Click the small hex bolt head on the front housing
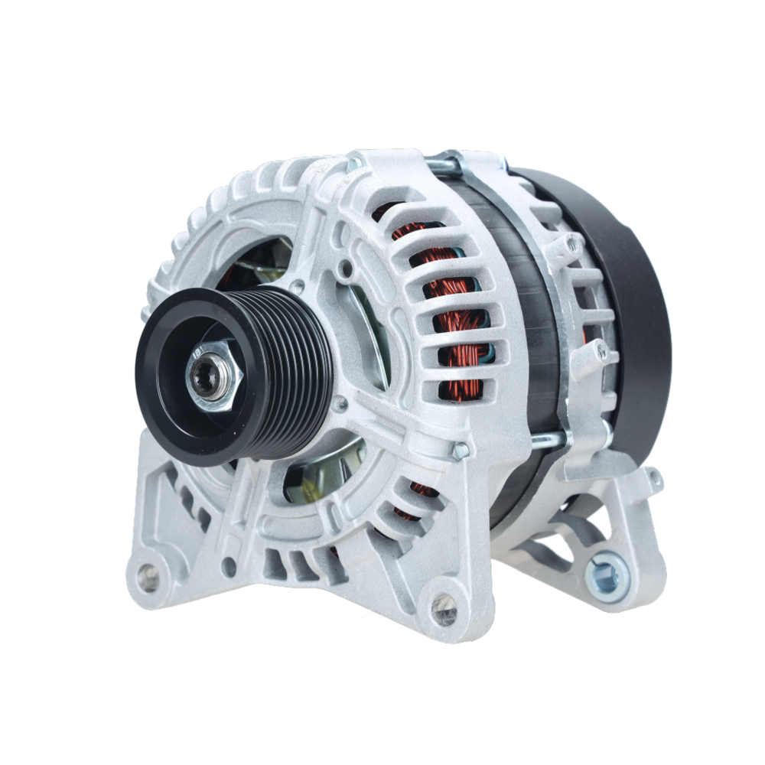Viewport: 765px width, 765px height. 461,451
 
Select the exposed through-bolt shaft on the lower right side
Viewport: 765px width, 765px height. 549,440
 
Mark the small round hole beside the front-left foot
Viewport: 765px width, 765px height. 229,567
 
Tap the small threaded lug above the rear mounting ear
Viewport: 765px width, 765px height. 654,480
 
